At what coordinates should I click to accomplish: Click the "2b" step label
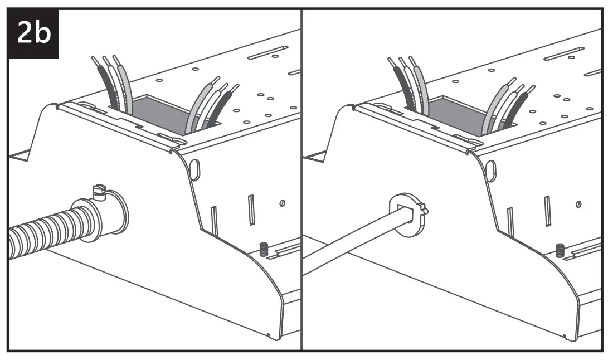pyautogui.click(x=34, y=33)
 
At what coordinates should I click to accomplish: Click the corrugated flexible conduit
pyautogui.click(x=50, y=228)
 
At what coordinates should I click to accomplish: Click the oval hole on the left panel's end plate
pyautogui.click(x=194, y=170)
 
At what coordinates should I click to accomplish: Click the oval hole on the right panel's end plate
pyautogui.click(x=491, y=170)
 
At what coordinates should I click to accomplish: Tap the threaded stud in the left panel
pyautogui.click(x=264, y=249)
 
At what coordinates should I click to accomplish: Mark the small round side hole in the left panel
pyautogui.click(x=283, y=203)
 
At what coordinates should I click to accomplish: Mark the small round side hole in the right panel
pyautogui.click(x=579, y=203)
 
